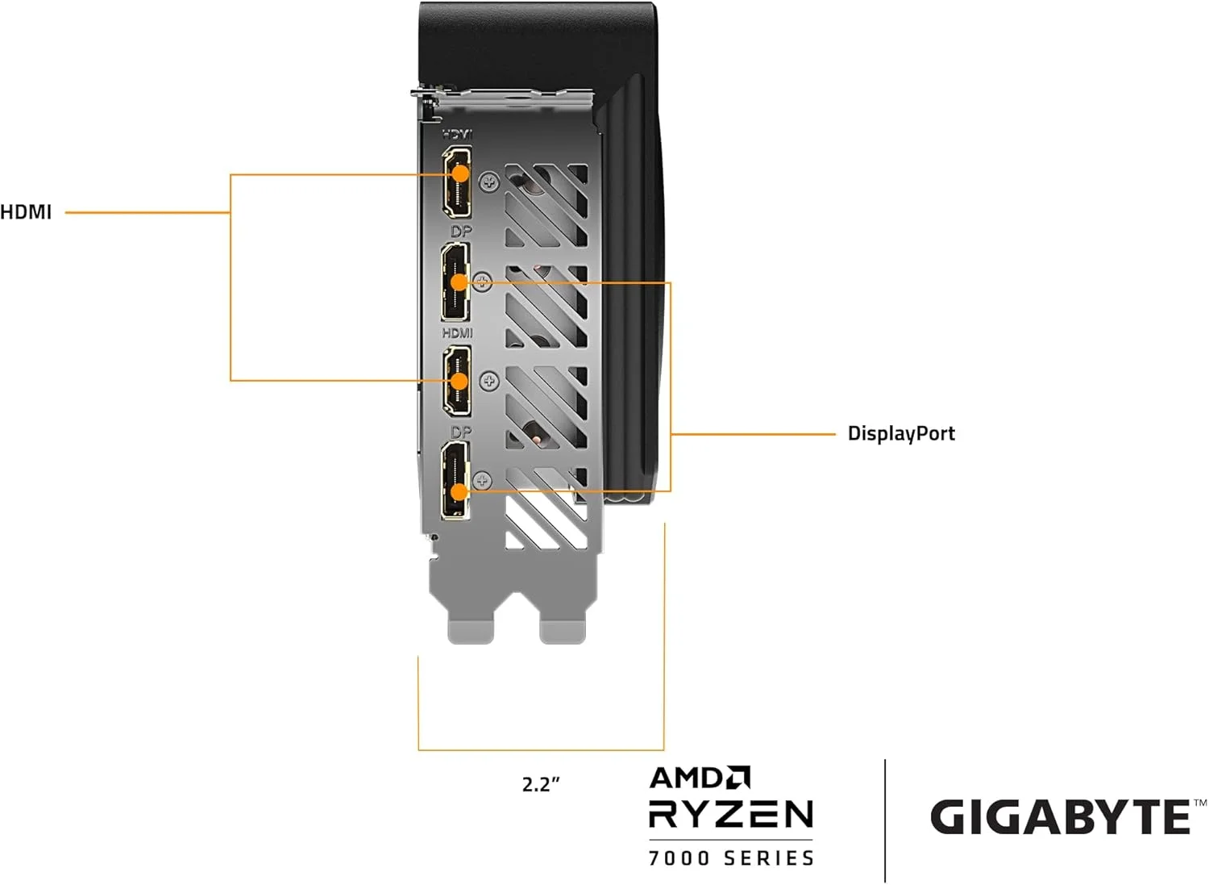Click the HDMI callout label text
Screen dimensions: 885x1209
26,212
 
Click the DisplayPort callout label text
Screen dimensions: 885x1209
900,433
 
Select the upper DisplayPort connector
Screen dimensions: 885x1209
455,282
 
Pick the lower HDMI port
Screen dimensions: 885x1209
457,381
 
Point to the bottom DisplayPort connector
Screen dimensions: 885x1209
455,482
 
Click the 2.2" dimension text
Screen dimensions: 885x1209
541,784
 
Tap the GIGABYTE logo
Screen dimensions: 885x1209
1061,816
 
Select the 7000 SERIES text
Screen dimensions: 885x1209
731,858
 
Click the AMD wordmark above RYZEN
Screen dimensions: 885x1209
699,778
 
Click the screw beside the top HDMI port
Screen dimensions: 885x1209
489,182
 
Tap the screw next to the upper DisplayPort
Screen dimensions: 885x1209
482,282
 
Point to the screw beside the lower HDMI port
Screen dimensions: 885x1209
489,381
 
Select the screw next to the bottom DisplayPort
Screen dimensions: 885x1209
482,482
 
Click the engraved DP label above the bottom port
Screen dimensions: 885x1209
461,432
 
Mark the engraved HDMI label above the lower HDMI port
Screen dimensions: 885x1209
457,333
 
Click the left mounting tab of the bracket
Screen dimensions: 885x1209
471,624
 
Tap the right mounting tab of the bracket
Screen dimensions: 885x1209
562,624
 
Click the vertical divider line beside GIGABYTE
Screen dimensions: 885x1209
885,820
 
